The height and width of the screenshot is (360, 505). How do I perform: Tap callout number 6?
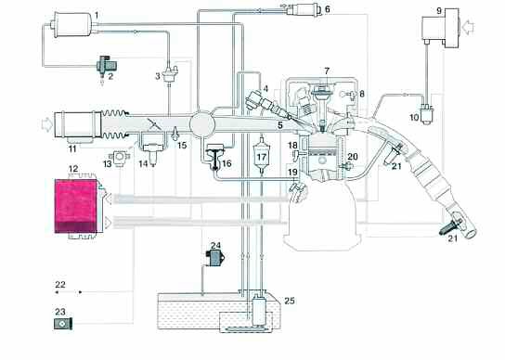(326, 9)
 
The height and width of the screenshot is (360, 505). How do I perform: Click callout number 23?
(59, 312)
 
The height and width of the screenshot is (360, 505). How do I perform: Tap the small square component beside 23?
(60, 326)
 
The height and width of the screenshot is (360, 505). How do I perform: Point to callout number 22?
(59, 283)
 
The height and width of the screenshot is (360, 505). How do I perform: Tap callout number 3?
(157, 74)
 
